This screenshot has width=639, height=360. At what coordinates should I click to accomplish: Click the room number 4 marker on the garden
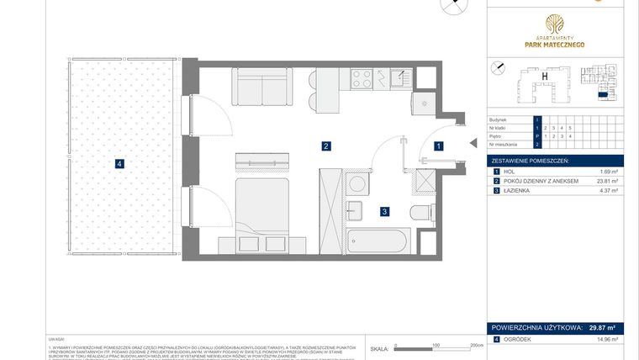click(120, 164)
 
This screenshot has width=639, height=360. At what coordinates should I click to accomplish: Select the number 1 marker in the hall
click(438, 146)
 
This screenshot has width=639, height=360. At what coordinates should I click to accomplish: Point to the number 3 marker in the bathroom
click(383, 212)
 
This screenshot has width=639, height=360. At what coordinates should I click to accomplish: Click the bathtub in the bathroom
click(376, 242)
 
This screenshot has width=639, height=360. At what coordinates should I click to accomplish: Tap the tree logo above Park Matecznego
click(554, 24)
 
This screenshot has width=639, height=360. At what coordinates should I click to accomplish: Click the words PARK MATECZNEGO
click(554, 45)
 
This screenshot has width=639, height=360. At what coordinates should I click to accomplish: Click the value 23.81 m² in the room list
click(607, 181)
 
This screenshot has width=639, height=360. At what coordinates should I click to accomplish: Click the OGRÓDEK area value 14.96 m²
click(606, 340)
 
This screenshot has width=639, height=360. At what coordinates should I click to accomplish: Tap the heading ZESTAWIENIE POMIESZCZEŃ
click(531, 160)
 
